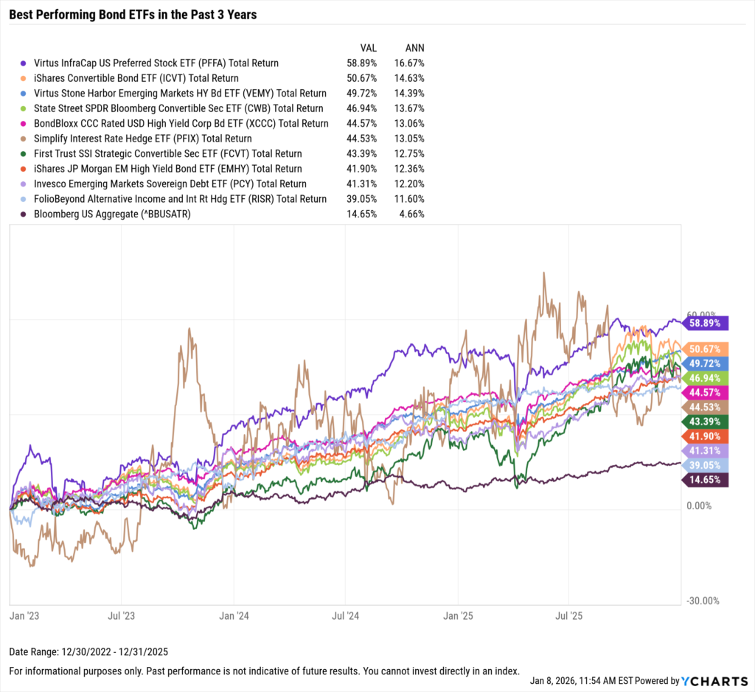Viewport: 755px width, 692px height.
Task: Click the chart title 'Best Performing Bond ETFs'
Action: click(133, 14)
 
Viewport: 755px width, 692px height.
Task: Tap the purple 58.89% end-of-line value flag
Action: click(706, 323)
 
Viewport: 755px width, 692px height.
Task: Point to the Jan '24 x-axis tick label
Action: click(233, 614)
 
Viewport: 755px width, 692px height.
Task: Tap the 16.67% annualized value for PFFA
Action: click(409, 63)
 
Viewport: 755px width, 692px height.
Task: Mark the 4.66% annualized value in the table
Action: click(411, 214)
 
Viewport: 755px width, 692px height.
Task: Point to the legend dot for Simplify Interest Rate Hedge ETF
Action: click(24, 139)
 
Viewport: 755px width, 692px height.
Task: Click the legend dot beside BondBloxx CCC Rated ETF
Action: click(24, 124)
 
